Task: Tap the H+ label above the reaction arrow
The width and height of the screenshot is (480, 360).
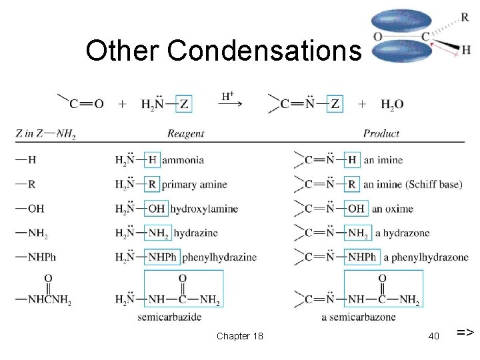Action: (227, 96)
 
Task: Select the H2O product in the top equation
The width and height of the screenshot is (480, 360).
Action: (392, 104)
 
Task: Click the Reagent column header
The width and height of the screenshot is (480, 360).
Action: (186, 134)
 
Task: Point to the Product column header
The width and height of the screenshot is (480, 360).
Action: (381, 134)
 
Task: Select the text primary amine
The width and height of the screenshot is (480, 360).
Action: (194, 185)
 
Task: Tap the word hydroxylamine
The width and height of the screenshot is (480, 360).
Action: (203, 209)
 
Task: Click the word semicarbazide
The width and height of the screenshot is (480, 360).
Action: (169, 317)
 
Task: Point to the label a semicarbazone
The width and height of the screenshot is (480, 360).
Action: (358, 317)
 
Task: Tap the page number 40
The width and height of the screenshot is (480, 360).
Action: (433, 336)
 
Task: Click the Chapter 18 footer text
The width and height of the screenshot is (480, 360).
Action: (240, 336)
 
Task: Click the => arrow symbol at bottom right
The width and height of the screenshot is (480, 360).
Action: (465, 331)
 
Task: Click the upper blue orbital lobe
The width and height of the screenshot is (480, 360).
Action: (402, 21)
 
